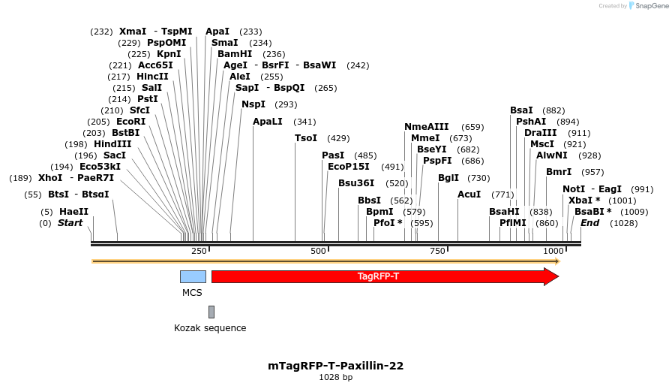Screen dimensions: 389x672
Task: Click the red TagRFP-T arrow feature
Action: pos(378,276)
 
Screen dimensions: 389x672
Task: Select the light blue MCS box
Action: pos(193,276)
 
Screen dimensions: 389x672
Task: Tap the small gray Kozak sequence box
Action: pos(211,312)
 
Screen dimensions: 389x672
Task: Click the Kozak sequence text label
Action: pos(210,328)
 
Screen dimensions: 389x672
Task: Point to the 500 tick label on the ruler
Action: pos(319,251)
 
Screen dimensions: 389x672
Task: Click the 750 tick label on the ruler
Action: pos(439,251)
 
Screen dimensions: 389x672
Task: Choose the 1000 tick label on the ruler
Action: pos(553,251)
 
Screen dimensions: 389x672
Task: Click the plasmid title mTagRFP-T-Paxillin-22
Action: pos(336,366)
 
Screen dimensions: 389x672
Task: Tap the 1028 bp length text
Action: pos(336,377)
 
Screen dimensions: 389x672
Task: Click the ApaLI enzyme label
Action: pos(268,122)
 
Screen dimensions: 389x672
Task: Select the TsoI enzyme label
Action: pos(306,138)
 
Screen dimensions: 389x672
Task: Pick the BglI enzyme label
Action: pos(448,178)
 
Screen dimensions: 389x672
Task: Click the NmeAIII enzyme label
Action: pos(427,127)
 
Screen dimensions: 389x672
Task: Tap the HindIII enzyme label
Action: pos(112,144)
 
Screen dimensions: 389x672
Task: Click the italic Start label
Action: pos(70,223)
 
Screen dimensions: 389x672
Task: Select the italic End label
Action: pos(590,223)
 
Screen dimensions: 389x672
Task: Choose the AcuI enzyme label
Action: pos(469,194)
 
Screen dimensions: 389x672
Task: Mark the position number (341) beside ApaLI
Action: pos(304,122)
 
